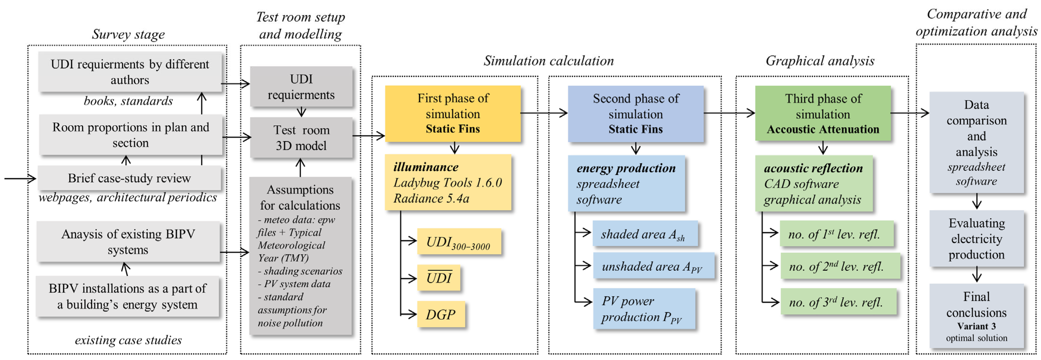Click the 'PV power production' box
(644, 309)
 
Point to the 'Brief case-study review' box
(129, 178)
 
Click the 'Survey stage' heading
(128, 34)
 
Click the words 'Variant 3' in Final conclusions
(976, 326)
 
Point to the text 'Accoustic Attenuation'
(823, 129)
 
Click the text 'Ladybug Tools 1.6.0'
(447, 183)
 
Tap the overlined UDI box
(439, 278)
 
